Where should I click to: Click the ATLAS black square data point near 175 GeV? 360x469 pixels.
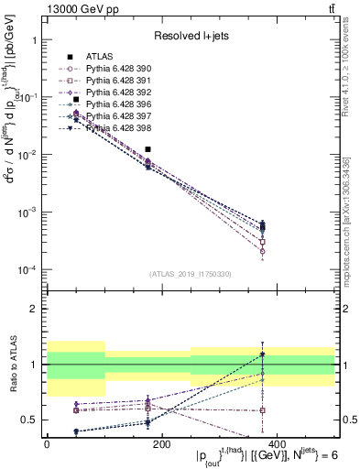tap(147, 148)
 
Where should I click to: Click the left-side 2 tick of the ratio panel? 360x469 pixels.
tap(34, 309)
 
